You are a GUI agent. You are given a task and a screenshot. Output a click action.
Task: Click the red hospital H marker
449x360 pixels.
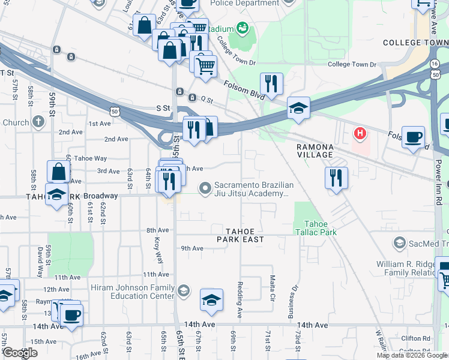360,133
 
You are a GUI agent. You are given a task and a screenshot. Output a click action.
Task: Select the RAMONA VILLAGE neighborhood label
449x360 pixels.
315,151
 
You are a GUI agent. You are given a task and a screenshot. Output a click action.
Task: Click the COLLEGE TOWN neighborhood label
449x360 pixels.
415,43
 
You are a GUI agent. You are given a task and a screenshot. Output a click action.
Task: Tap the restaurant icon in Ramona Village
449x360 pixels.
336,178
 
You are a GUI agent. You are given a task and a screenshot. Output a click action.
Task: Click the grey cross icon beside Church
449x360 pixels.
38,122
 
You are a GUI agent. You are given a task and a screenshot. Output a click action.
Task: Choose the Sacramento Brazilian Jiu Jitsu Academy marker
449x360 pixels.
205,188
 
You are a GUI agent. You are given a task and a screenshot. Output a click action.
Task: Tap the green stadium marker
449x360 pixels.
243,28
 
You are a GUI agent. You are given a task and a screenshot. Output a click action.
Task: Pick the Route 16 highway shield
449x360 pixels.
434,62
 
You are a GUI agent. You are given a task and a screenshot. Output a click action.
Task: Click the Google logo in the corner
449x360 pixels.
20,353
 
